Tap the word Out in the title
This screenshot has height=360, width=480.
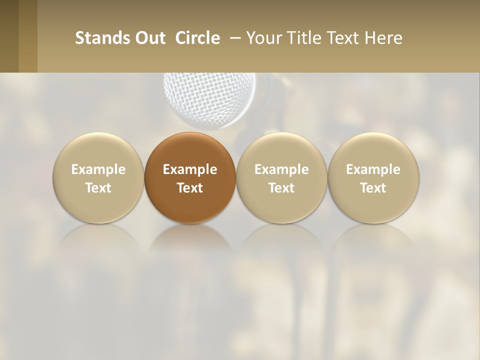coord(150,38)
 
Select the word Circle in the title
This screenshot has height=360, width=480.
coord(197,38)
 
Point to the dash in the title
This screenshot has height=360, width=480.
coord(233,38)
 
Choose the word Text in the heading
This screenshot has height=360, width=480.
coord(344,38)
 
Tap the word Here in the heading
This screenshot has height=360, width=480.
coord(383,38)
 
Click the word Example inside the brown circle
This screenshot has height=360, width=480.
coord(190,169)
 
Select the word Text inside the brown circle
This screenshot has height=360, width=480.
coord(190,188)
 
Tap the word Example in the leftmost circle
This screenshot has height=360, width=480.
coord(98,169)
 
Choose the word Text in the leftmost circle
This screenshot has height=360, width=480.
coord(98,188)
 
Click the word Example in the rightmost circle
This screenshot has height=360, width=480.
coord(373,169)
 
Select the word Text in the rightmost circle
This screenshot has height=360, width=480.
coord(373,188)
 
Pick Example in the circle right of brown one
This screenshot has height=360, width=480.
coord(281,169)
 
